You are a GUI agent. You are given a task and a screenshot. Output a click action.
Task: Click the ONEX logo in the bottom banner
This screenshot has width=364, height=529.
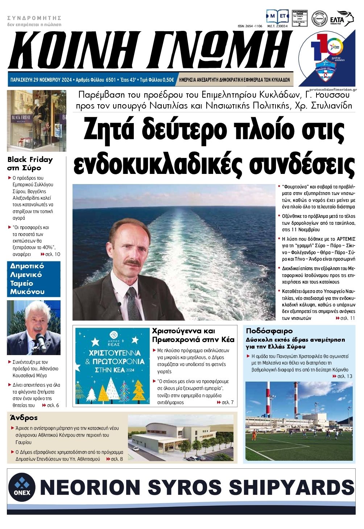click(x=22, y=487)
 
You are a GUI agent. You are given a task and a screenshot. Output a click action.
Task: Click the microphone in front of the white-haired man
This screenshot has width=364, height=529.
click(x=40, y=339)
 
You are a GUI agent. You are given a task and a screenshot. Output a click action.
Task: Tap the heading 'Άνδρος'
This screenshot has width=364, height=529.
click(x=24, y=418)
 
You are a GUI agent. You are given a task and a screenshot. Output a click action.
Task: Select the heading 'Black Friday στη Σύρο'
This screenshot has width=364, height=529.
click(x=30, y=164)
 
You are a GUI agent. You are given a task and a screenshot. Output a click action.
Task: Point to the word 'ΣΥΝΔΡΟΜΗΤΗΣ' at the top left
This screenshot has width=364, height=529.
click(x=34, y=18)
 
